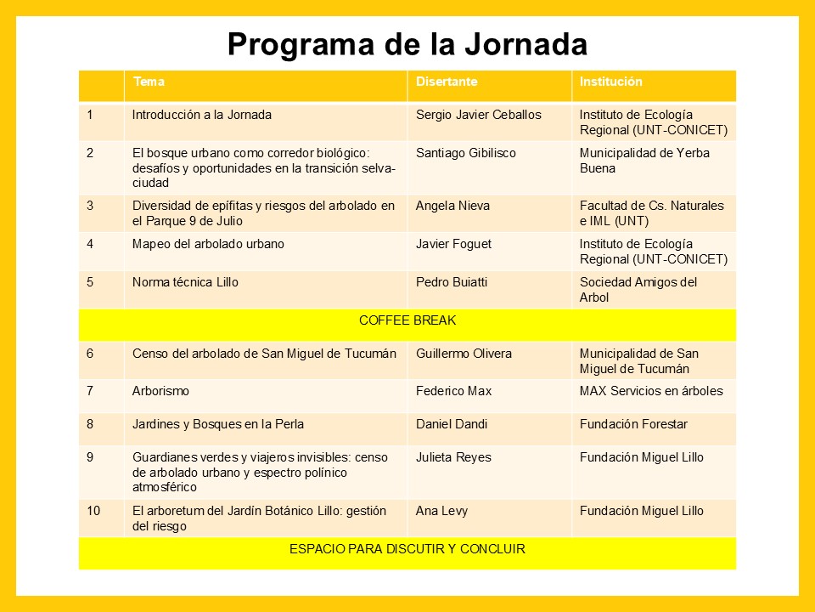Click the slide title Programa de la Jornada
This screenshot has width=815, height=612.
pyautogui.click(x=407, y=44)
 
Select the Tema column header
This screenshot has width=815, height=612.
pyautogui.click(x=149, y=82)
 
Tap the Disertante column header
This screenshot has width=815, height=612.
pyautogui.click(x=447, y=82)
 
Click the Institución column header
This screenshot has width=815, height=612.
pyautogui.click(x=611, y=82)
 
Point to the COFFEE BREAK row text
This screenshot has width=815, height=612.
pyautogui.click(x=407, y=320)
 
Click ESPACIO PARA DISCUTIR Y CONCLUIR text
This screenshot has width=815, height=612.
pyautogui.click(x=407, y=549)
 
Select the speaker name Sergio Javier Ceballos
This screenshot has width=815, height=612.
pyautogui.click(x=478, y=115)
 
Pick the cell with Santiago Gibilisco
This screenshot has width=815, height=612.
pyautogui.click(x=466, y=153)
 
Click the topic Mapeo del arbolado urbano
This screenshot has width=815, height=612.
pyautogui.click(x=208, y=244)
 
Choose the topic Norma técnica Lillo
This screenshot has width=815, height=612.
pyautogui.click(x=185, y=282)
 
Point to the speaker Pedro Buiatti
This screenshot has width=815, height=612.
pyautogui.click(x=451, y=282)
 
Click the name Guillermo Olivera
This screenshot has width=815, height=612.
pyautogui.click(x=464, y=354)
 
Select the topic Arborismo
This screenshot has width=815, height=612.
pyautogui.click(x=160, y=391)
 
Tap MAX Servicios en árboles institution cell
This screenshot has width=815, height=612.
pyautogui.click(x=651, y=391)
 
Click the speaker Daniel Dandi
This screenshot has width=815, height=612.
pyautogui.click(x=452, y=424)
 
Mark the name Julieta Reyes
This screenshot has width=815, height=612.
pyautogui.click(x=453, y=457)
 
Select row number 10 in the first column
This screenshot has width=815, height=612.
pyautogui.click(x=93, y=511)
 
